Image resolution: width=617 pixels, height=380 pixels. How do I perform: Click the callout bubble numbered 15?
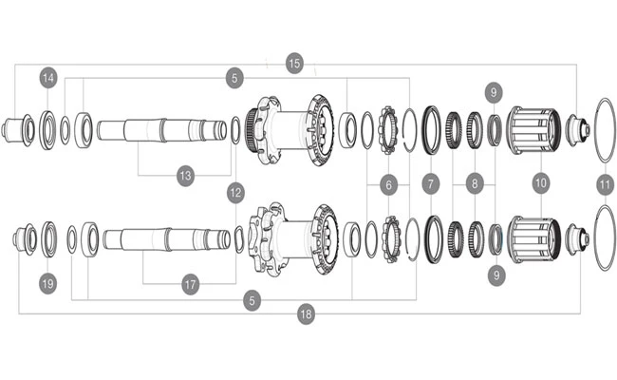pyautogui.click(x=294, y=63)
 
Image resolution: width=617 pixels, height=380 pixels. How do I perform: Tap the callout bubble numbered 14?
pyautogui.click(x=48, y=78)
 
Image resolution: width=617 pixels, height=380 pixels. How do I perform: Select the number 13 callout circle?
pyautogui.click(x=186, y=176)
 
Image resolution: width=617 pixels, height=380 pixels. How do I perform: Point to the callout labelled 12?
pyautogui.click(x=235, y=193)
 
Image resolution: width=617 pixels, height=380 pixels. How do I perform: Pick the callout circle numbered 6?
pyautogui.click(x=389, y=184)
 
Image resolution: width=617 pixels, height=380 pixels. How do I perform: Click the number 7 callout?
pyautogui.click(x=431, y=184)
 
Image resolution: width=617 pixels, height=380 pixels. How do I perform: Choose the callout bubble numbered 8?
pyautogui.click(x=475, y=183)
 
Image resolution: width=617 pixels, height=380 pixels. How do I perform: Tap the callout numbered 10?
pyautogui.click(x=541, y=182)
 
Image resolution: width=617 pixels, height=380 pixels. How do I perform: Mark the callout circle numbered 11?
pyautogui.click(x=605, y=185)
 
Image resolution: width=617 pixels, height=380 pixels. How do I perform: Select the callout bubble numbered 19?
pyautogui.click(x=48, y=283)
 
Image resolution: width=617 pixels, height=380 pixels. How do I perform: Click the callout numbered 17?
pyautogui.click(x=191, y=284)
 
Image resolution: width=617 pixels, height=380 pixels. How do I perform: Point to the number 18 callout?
pyautogui.click(x=307, y=314)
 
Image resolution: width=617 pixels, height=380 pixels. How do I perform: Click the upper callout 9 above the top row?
pyautogui.click(x=494, y=92)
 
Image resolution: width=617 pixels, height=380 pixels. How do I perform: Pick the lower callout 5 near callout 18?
pyautogui.click(x=252, y=301)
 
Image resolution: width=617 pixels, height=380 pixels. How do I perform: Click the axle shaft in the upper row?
pyautogui.click(x=162, y=130)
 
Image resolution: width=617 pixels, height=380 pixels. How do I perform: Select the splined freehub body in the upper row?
pyautogui.click(x=533, y=131)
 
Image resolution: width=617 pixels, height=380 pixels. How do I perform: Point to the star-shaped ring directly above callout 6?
pyautogui.click(x=388, y=130)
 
